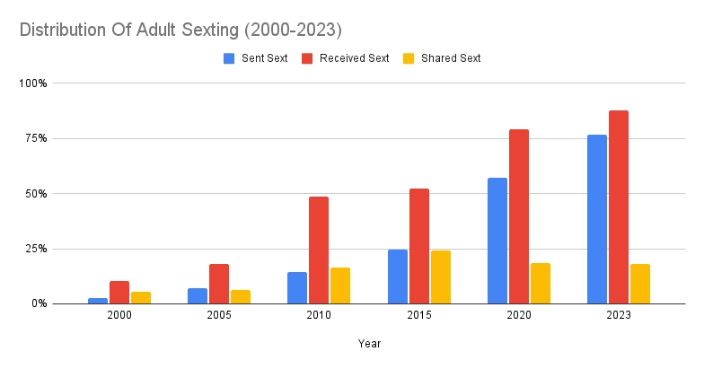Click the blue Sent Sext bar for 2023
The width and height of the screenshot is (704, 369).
pos(597,219)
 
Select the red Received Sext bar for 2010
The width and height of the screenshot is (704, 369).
pos(319,250)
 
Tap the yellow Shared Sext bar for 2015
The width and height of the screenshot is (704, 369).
pos(440,277)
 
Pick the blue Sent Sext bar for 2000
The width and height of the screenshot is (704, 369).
pos(98,301)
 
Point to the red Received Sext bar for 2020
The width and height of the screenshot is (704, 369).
pos(518,216)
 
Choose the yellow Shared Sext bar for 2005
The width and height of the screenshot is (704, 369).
pos(241,296)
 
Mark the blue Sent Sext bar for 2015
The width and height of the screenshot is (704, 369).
pos(398,277)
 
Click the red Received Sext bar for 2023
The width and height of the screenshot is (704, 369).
pos(618,206)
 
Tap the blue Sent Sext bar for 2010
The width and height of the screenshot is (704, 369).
pos(297,287)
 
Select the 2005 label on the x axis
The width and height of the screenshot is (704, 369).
pos(219,316)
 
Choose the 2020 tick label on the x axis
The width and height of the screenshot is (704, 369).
pos(518,316)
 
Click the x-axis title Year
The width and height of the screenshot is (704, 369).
pos(369,343)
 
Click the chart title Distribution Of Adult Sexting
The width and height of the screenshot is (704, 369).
pos(180,30)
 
